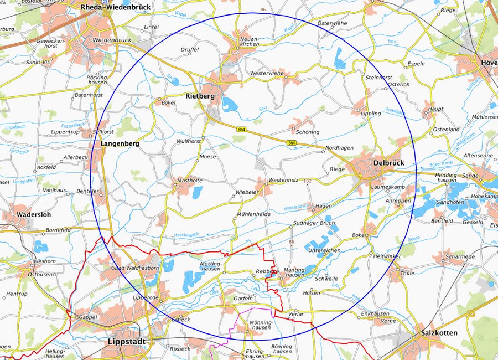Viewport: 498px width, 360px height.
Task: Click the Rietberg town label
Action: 200,96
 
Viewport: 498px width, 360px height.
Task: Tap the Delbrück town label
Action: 389,163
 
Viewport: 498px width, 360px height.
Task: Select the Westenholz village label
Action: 284,181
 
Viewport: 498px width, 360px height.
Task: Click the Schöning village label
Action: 308,132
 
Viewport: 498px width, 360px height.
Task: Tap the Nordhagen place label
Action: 339,148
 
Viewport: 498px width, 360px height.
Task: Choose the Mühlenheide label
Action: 253,213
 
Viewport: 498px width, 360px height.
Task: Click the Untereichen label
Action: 324,250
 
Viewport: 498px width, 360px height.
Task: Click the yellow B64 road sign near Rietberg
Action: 241,129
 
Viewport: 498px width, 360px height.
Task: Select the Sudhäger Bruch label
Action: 314,223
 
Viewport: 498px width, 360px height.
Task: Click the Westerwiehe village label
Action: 267,73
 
